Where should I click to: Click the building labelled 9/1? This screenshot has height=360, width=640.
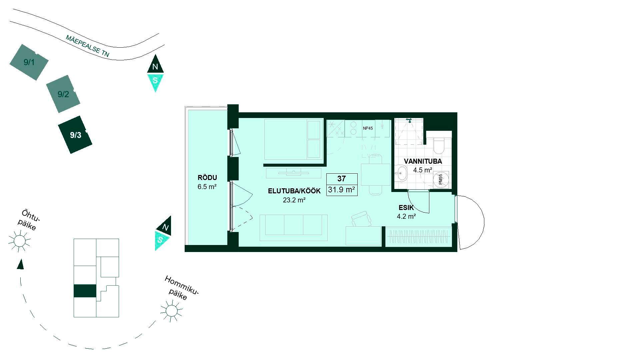(x=29, y=62)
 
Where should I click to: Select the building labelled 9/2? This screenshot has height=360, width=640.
(x=63, y=94)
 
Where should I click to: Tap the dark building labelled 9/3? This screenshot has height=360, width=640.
(x=75, y=135)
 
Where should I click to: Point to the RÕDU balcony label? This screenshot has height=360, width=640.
(x=207, y=178)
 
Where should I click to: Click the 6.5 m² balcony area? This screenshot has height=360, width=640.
(x=207, y=187)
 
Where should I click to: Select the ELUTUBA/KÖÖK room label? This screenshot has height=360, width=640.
(x=294, y=191)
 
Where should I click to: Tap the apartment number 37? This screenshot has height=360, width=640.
(x=342, y=179)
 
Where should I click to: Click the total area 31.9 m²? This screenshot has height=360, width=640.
(x=342, y=190)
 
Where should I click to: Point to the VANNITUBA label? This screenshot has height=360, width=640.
(x=423, y=161)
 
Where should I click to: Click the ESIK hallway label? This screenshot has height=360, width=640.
(x=406, y=208)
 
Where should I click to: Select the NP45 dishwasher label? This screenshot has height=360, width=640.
(x=368, y=128)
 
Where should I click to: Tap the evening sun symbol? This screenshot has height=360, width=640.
(x=19, y=241)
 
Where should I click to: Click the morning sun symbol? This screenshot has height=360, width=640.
(x=171, y=311)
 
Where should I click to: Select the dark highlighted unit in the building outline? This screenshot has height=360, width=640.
(x=85, y=291)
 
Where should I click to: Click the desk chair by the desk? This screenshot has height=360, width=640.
(x=361, y=219)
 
